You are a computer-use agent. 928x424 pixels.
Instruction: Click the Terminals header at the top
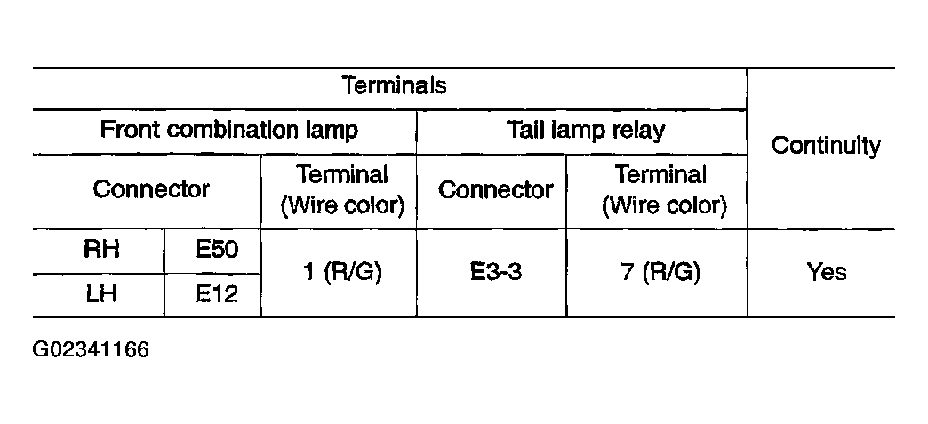click(395, 85)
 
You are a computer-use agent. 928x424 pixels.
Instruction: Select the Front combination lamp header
click(229, 131)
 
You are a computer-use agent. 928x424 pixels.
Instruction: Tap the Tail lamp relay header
click(586, 131)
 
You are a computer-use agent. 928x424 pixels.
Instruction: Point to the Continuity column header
click(826, 146)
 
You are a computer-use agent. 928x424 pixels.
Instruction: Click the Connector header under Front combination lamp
click(151, 189)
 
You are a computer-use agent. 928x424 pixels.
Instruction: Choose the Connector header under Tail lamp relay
click(495, 189)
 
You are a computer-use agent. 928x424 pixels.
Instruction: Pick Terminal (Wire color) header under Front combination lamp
click(342, 190)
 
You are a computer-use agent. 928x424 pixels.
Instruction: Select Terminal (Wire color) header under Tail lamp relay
click(663, 190)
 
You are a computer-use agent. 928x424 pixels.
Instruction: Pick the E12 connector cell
click(217, 293)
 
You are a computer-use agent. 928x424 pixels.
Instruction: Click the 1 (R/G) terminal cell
click(342, 272)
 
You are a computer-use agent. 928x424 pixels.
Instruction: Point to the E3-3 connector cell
click(496, 272)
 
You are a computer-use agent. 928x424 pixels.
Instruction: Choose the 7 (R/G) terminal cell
click(660, 272)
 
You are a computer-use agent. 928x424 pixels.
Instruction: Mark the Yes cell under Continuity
click(826, 272)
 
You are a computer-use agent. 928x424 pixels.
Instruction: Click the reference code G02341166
click(91, 349)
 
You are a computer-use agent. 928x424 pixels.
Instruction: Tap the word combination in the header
click(233, 129)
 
